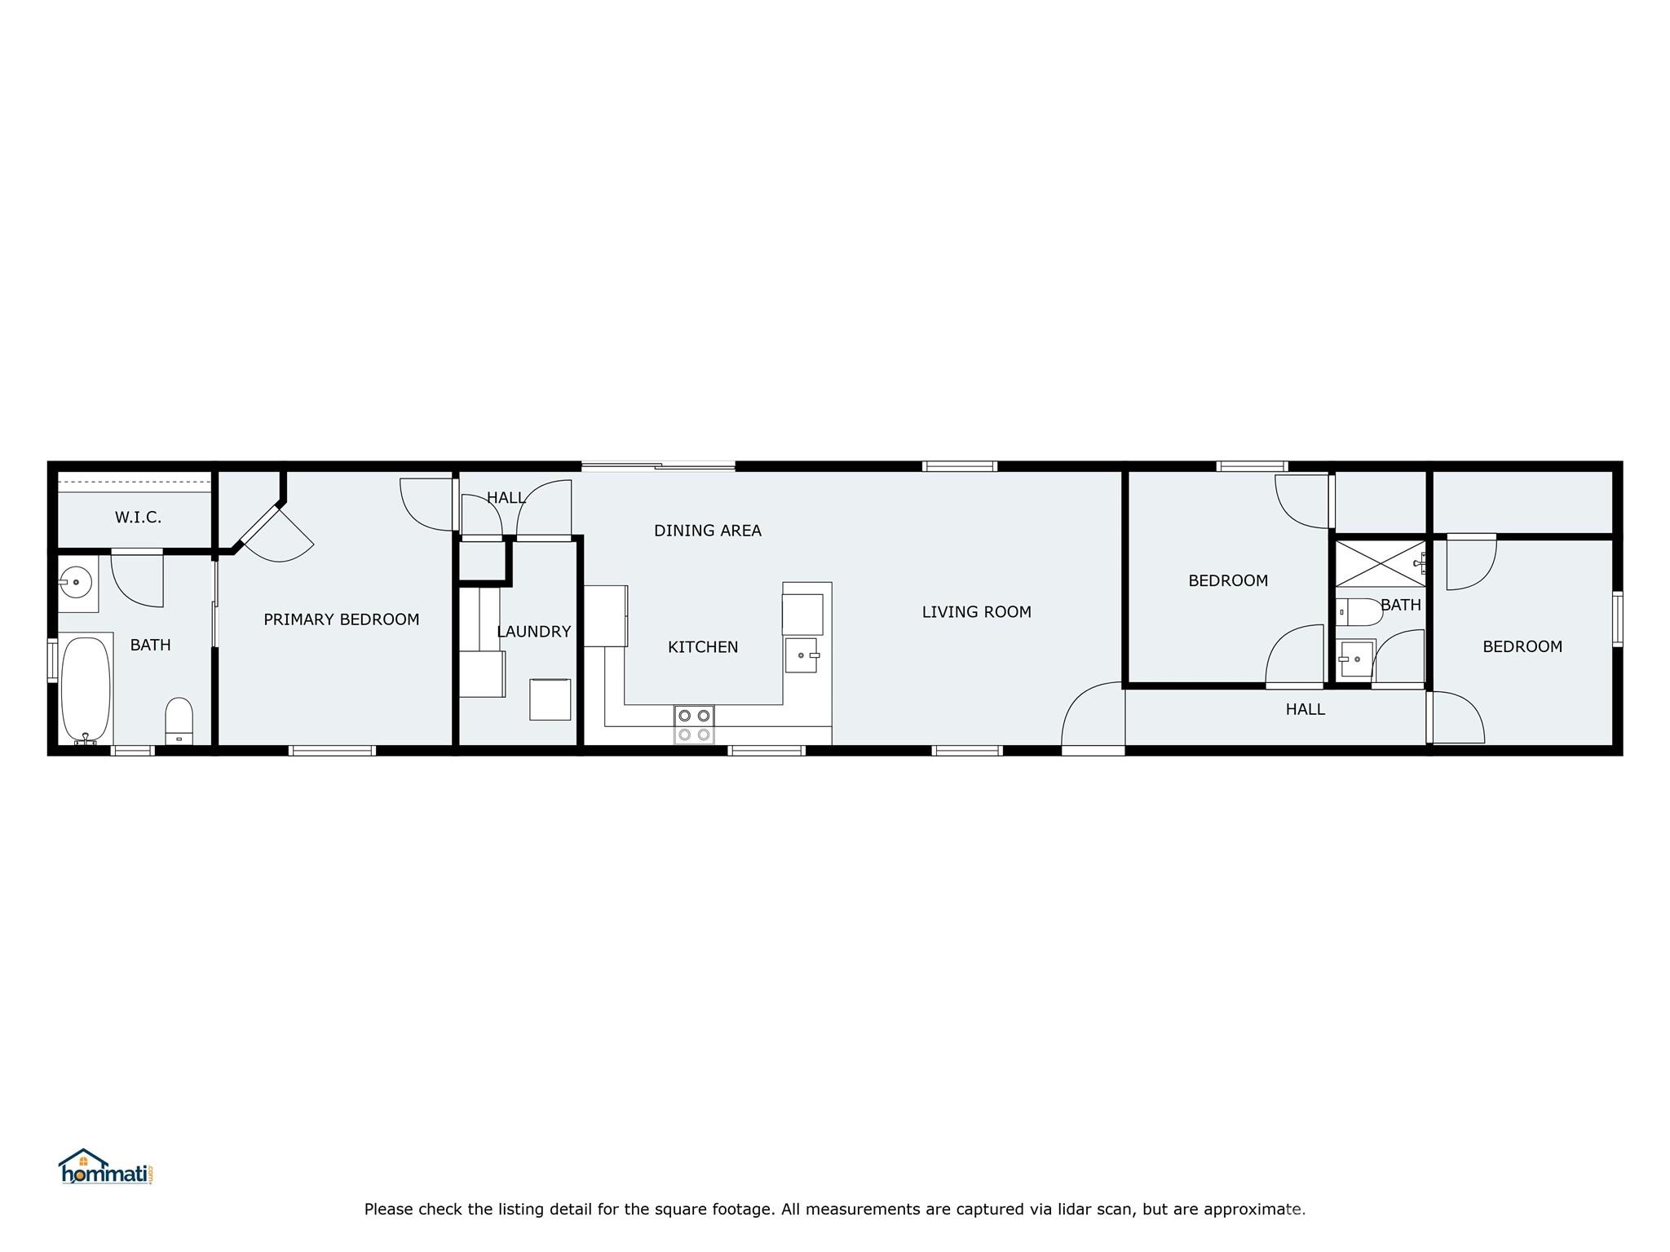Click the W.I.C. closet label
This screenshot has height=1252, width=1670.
pos(138,518)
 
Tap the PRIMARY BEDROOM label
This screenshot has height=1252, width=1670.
pos(342,619)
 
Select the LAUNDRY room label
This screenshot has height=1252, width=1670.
pos(534,632)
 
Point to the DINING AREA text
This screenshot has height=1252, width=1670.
pos(708,531)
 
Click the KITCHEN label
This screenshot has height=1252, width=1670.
pos(703,647)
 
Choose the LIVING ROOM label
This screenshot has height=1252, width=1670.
pos(977,612)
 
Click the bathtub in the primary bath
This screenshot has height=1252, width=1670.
pos(86,690)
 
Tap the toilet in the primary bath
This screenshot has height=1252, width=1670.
pos(179,721)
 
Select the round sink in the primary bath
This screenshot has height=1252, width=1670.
pos(76,583)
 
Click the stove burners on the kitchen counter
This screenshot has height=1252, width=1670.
pos(694,725)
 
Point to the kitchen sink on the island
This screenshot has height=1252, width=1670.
pos(801,655)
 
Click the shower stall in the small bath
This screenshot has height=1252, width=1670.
pos(1381,563)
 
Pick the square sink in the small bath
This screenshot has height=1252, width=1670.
pos(1357,659)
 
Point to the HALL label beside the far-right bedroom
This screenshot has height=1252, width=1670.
pos(1306,710)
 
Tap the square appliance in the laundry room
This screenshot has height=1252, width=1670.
pos(550,699)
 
